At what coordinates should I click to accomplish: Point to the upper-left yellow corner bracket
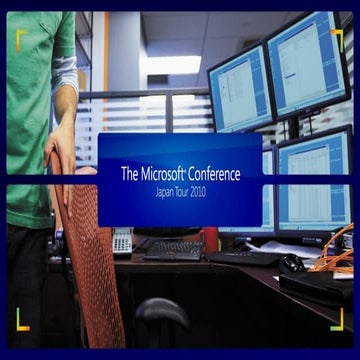coord(22,37)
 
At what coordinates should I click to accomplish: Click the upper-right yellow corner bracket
coord(337,37)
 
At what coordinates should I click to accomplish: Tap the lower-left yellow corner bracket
coord(22,320)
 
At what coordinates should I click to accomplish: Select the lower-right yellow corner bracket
coord(337,320)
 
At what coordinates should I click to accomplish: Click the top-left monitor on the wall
coord(240,90)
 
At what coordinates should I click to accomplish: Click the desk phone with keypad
coord(122,241)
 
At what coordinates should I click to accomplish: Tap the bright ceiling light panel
coord(170,65)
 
